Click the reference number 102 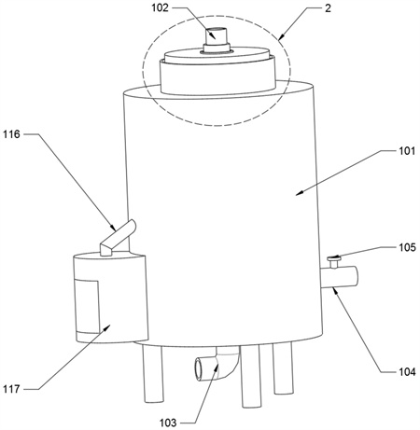[x=160, y=7]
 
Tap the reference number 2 [x=328, y=8]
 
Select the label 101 [x=407, y=151]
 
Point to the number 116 [x=11, y=134]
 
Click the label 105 [x=408, y=247]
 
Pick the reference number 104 [x=408, y=371]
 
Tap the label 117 [x=11, y=389]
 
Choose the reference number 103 [x=168, y=423]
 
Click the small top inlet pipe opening [x=217, y=30]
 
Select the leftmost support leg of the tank [x=153, y=374]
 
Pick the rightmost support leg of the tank [x=283, y=368]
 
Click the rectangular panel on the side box [x=87, y=306]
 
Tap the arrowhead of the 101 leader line [x=300, y=193]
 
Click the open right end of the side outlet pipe [x=356, y=276]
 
